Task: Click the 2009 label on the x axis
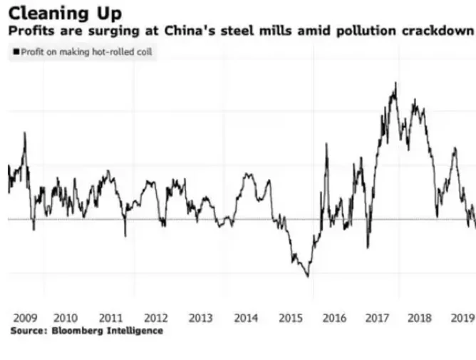click(25, 318)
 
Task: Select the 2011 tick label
click(110, 318)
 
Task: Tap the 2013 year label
click(200, 318)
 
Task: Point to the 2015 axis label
click(291, 318)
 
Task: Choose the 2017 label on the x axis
click(377, 318)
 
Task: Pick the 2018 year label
click(420, 318)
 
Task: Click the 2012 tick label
click(156, 318)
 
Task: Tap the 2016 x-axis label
click(334, 318)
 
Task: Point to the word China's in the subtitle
click(190, 31)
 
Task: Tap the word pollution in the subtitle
click(366, 31)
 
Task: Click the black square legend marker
click(16, 51)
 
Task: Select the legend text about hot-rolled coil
click(86, 52)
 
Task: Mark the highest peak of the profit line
click(395, 83)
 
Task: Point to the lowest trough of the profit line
click(308, 277)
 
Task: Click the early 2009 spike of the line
click(25, 133)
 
